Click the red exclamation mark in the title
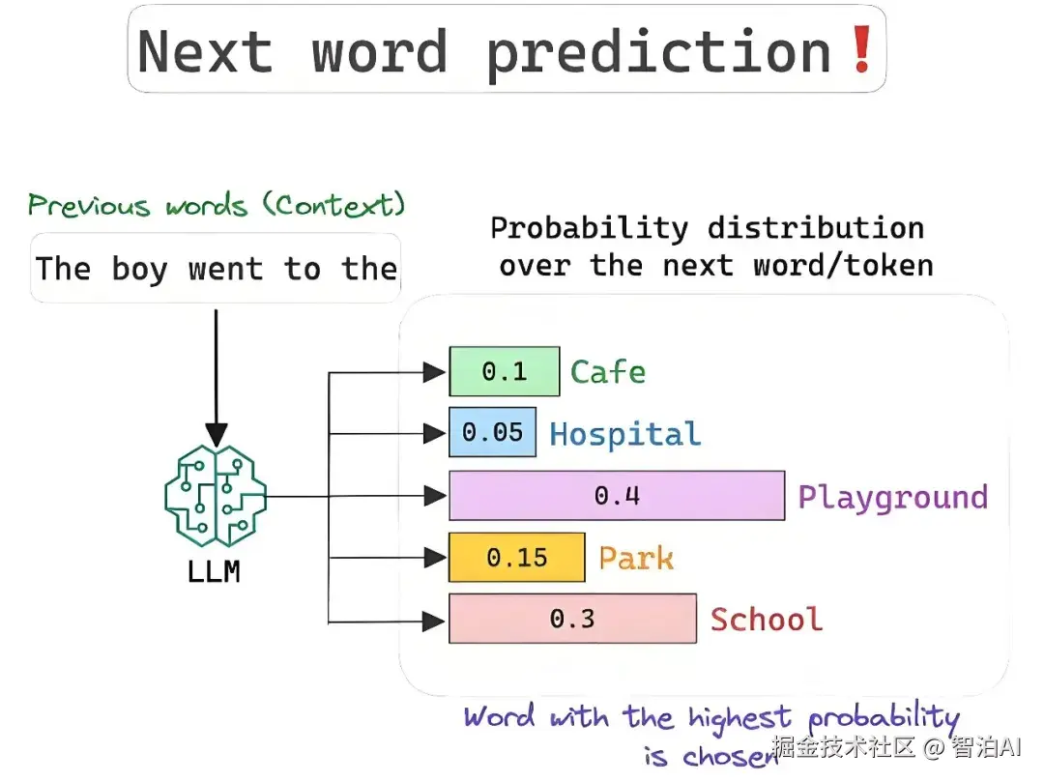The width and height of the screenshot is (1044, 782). [862, 48]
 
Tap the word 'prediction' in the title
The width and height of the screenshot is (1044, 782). [659, 54]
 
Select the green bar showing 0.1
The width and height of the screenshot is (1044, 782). [505, 371]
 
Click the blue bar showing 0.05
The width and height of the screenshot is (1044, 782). [493, 432]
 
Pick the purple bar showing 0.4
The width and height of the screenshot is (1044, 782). [617, 496]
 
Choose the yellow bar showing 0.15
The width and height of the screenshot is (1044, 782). [517, 558]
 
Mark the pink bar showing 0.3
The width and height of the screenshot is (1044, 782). [572, 619]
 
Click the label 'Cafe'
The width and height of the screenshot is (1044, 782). [608, 371]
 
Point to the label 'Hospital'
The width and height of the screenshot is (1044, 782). [625, 435]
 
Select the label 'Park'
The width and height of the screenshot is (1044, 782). [636, 558]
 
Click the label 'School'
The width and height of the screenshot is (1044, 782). [767, 619]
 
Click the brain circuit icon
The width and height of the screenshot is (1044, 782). [216, 496]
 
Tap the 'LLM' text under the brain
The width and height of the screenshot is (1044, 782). [214, 571]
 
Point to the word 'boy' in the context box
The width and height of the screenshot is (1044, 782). [140, 270]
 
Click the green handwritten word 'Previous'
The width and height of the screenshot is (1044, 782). [89, 205]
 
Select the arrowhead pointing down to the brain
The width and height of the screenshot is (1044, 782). [216, 435]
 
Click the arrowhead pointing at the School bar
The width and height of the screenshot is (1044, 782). [434, 623]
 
